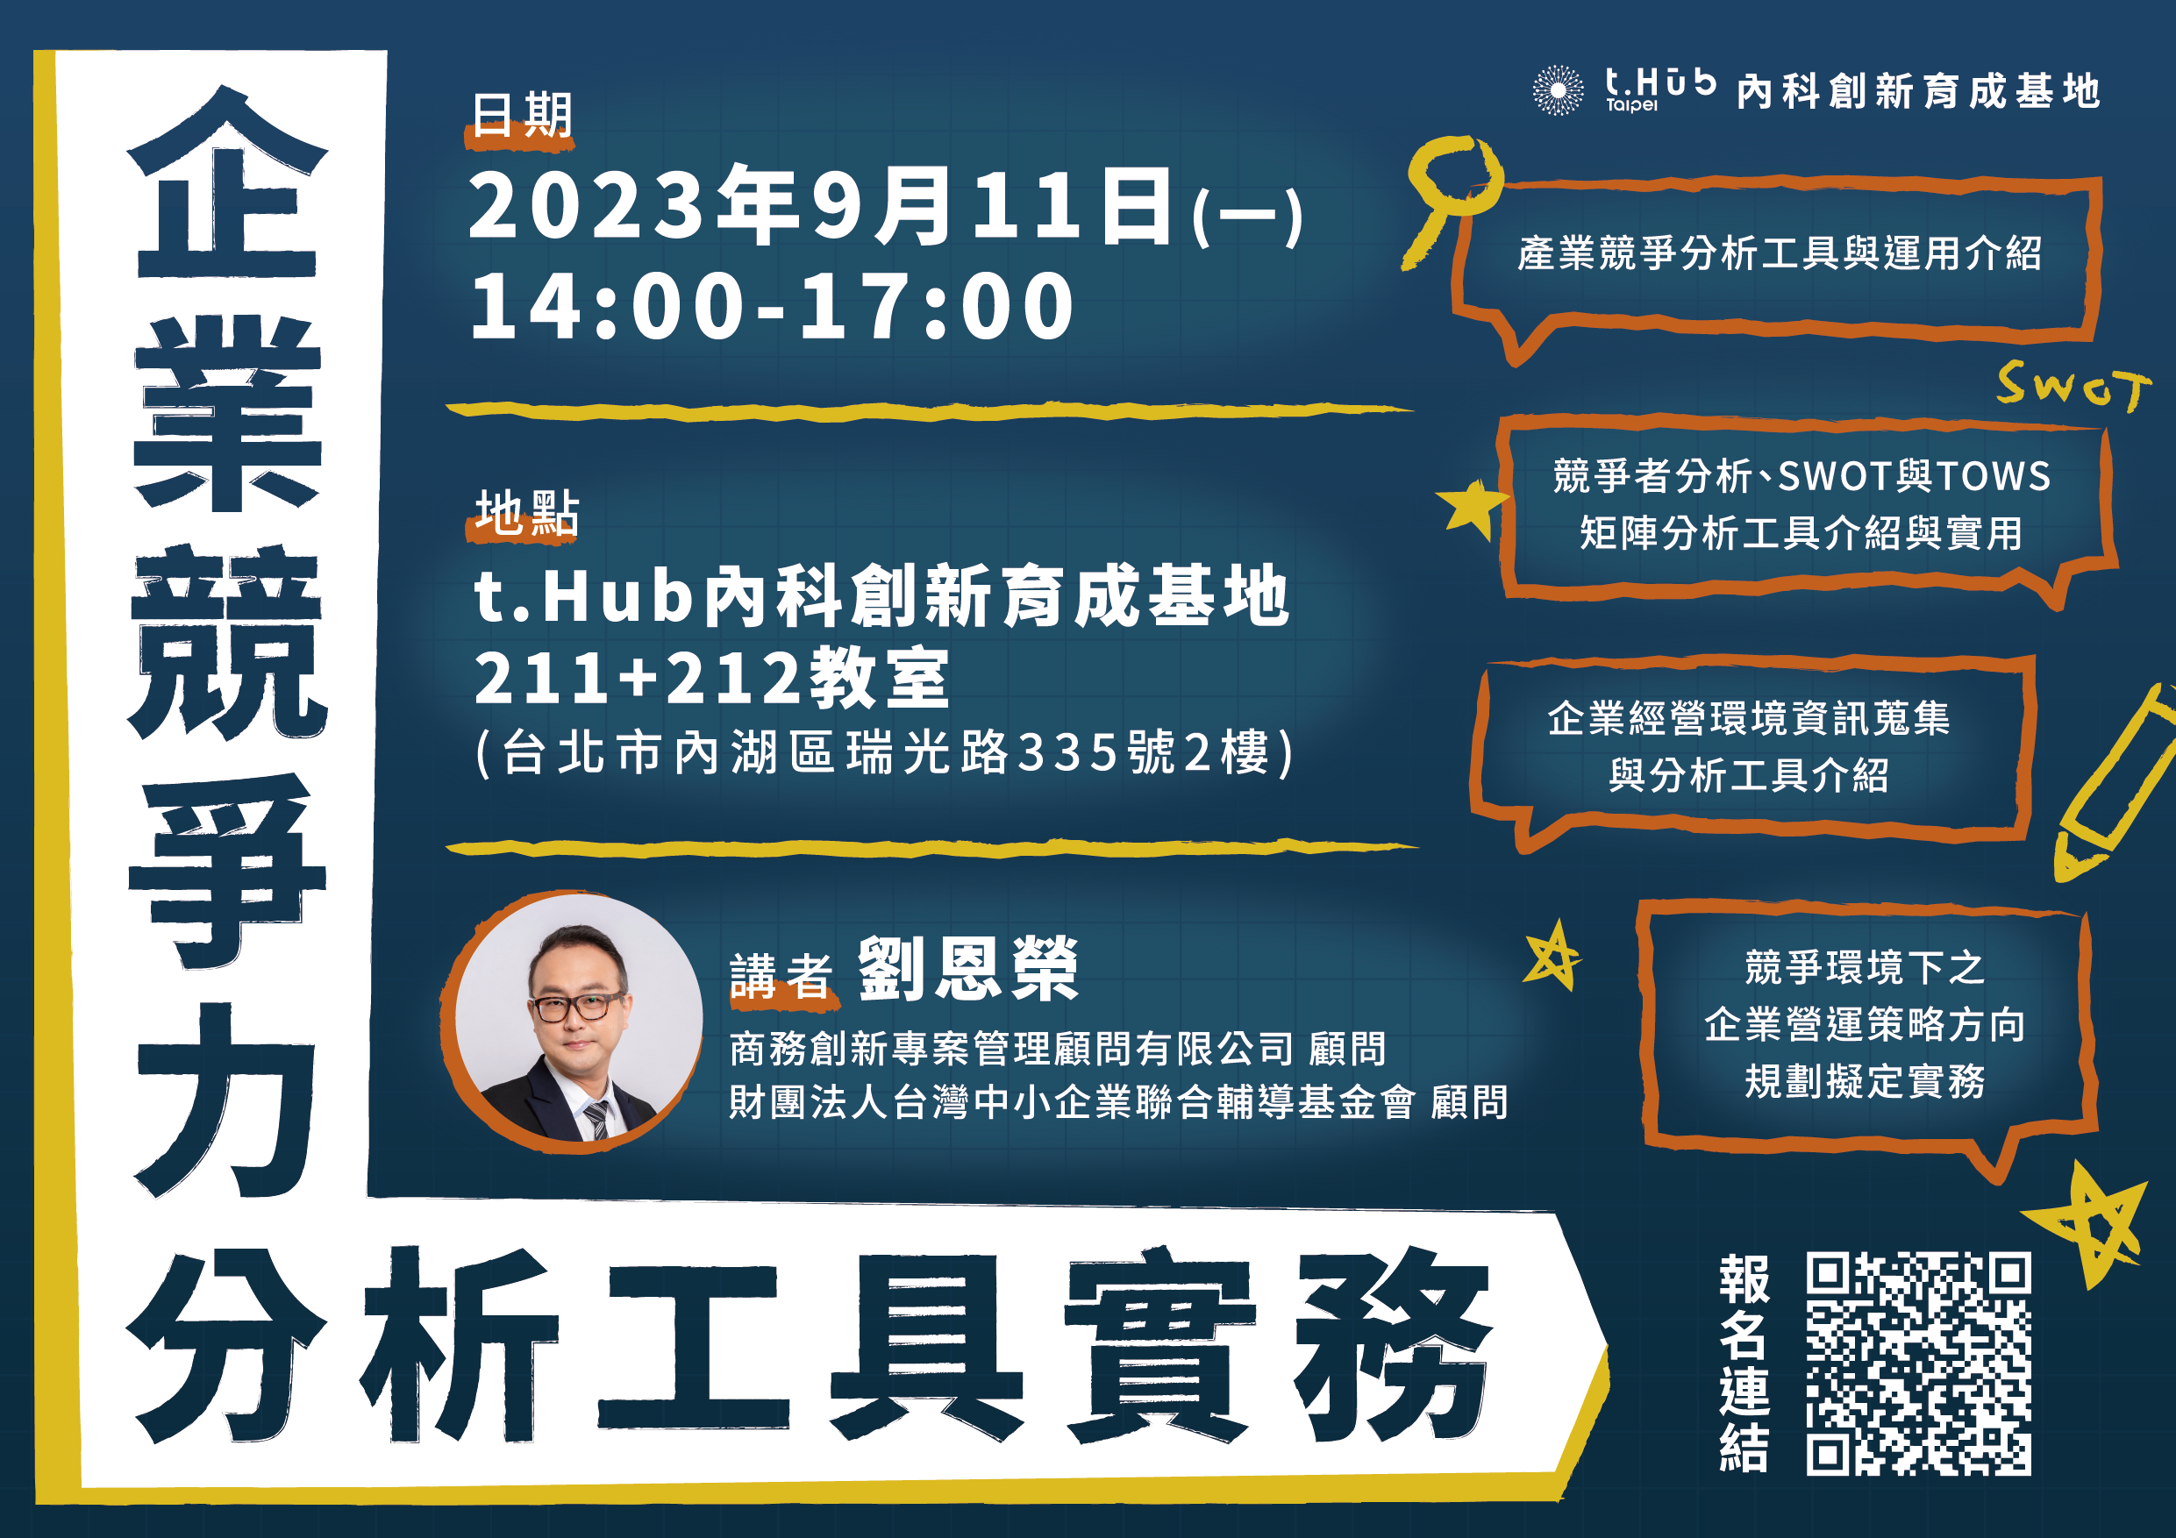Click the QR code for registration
click(1918, 1364)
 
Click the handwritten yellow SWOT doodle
click(2073, 386)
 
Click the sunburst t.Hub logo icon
click(1558, 91)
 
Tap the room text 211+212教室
click(710, 678)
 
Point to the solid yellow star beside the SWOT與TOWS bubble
click(1471, 507)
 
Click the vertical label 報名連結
click(1744, 1364)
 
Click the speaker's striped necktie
click(597, 1120)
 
